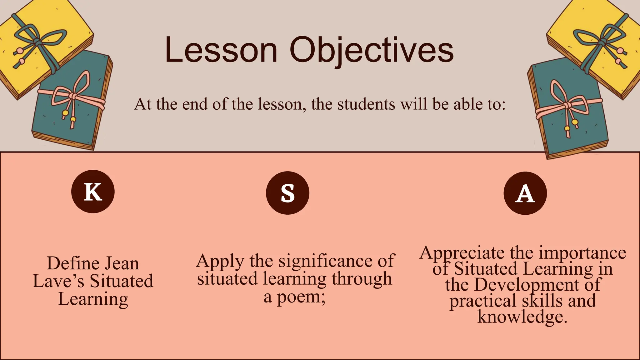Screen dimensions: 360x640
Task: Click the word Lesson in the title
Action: click(221, 50)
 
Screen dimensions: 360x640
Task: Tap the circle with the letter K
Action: click(93, 192)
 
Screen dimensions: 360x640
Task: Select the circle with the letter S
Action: click(287, 193)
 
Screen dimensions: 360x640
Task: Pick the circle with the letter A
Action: click(525, 193)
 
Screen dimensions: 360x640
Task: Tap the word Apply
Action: click(220, 261)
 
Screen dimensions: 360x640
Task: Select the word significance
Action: click(325, 261)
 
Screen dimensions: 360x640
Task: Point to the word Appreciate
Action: click(462, 253)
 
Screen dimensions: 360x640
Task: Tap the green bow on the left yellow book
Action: click(37, 41)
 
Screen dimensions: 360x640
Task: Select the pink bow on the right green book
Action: click(566, 106)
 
